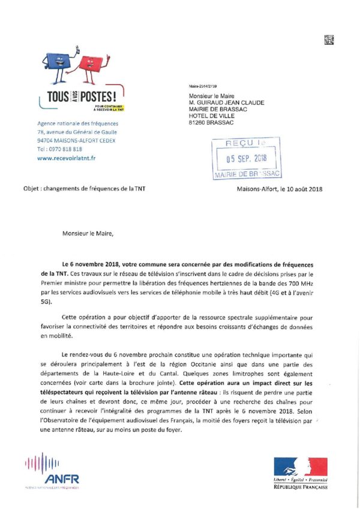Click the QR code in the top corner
[x=328, y=41]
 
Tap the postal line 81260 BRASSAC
[x=209, y=123]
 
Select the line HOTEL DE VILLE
[x=211, y=116]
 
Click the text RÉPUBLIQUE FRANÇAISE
[x=301, y=487]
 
